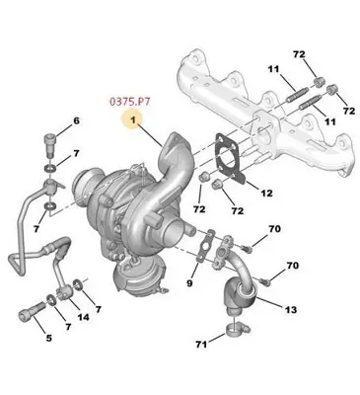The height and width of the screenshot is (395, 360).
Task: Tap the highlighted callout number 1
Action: click(x=129, y=119)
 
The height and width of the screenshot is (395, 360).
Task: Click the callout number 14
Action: click(x=83, y=317)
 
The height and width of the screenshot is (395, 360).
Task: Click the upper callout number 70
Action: click(x=274, y=229)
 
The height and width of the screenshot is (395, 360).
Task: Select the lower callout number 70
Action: click(x=291, y=266)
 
